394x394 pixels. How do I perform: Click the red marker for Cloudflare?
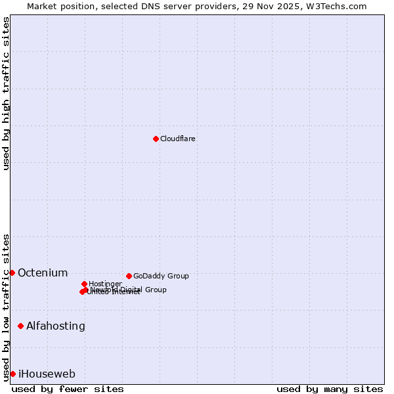(x=156, y=139)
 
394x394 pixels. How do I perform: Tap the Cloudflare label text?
(x=178, y=139)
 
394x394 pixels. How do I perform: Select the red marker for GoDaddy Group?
(x=129, y=276)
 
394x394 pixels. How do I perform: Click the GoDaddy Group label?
(x=161, y=276)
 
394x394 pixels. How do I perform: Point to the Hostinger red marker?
(x=84, y=284)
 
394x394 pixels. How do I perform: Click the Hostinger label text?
(x=105, y=284)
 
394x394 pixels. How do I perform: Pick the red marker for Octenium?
(x=12, y=273)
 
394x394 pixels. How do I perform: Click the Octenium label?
(x=43, y=273)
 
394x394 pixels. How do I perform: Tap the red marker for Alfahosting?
(x=20, y=326)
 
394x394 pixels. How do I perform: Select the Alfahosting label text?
(x=56, y=326)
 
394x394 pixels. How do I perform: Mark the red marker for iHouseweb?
(x=12, y=374)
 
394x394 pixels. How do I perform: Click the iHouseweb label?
(x=47, y=374)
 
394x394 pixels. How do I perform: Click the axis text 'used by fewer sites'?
(x=68, y=389)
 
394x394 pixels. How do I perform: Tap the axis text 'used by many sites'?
(x=330, y=389)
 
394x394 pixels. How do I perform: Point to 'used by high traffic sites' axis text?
(x=6, y=93)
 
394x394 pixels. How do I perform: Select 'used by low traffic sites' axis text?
(x=6, y=307)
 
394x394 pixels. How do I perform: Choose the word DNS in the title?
(x=152, y=7)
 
